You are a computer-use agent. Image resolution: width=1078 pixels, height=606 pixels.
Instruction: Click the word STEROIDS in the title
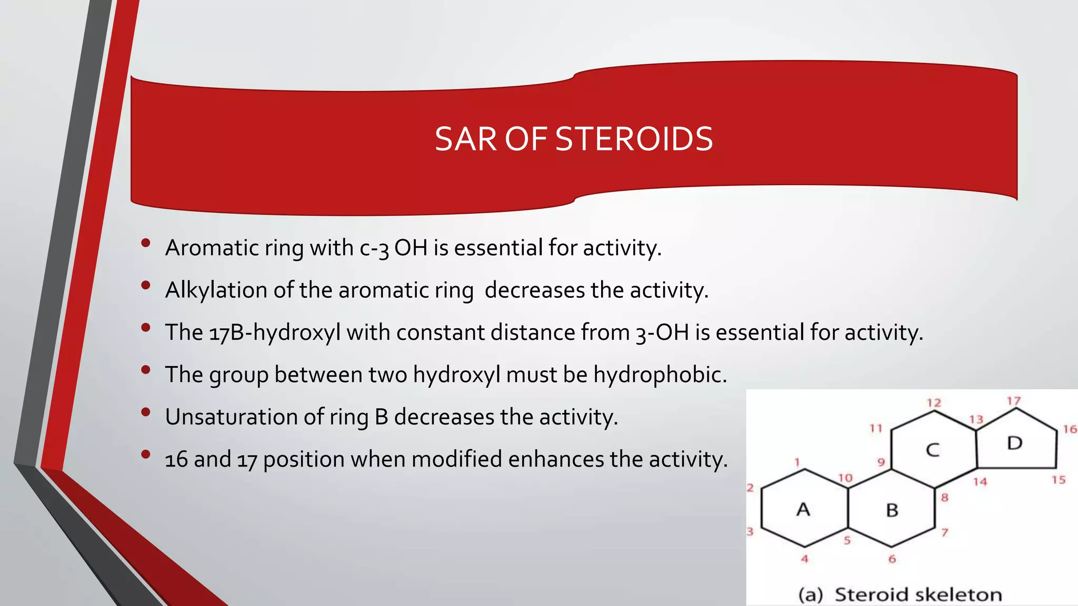tap(634, 139)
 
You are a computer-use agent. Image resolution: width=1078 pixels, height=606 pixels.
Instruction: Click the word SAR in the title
tap(466, 139)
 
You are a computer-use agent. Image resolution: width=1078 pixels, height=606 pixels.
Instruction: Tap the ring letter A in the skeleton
tap(803, 509)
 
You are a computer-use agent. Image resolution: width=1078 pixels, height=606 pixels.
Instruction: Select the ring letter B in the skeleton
tap(892, 510)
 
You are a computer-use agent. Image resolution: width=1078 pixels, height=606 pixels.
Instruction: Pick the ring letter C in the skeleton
tap(932, 450)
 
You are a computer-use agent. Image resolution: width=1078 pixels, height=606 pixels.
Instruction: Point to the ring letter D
tap(1014, 443)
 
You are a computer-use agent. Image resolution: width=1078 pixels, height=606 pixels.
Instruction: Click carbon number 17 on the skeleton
tap(1014, 401)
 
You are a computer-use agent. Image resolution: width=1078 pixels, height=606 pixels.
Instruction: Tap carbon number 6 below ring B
tap(892, 559)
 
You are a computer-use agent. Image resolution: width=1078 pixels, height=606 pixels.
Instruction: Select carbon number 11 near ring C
tap(875, 428)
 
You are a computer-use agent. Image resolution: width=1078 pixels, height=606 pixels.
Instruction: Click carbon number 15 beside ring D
tap(1059, 480)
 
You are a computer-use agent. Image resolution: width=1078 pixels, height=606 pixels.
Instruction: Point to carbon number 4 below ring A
tap(804, 559)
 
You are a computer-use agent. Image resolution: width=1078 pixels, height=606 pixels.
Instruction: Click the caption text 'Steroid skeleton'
tap(918, 594)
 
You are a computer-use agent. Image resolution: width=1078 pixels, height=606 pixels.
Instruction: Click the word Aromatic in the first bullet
tap(212, 248)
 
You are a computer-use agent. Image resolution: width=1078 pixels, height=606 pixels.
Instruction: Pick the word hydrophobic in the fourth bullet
tap(660, 375)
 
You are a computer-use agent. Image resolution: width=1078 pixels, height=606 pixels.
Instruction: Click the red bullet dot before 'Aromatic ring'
tap(146, 243)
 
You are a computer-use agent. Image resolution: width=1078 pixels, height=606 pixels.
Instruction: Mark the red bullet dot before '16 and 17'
tap(146, 454)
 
